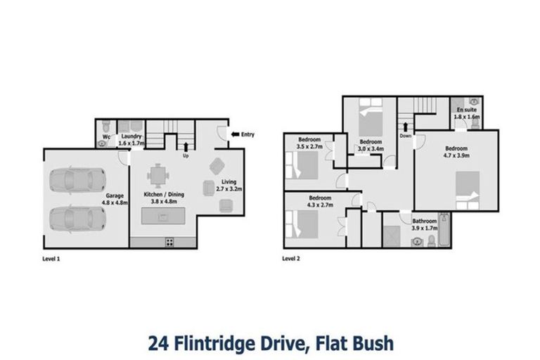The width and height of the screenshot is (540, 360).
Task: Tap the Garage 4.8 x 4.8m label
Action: (x=114, y=200)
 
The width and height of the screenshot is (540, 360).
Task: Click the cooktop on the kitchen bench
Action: (x=169, y=242)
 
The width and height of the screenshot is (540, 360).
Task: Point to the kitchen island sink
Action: (x=164, y=216)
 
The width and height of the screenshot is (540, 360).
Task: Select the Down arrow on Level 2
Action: (x=406, y=127)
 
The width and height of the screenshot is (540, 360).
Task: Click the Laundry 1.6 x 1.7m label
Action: (x=131, y=140)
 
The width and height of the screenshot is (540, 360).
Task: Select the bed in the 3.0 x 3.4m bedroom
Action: (x=371, y=112)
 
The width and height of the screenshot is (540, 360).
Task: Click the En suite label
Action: (x=465, y=114)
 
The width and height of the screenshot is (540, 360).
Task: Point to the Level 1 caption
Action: (x=52, y=259)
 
